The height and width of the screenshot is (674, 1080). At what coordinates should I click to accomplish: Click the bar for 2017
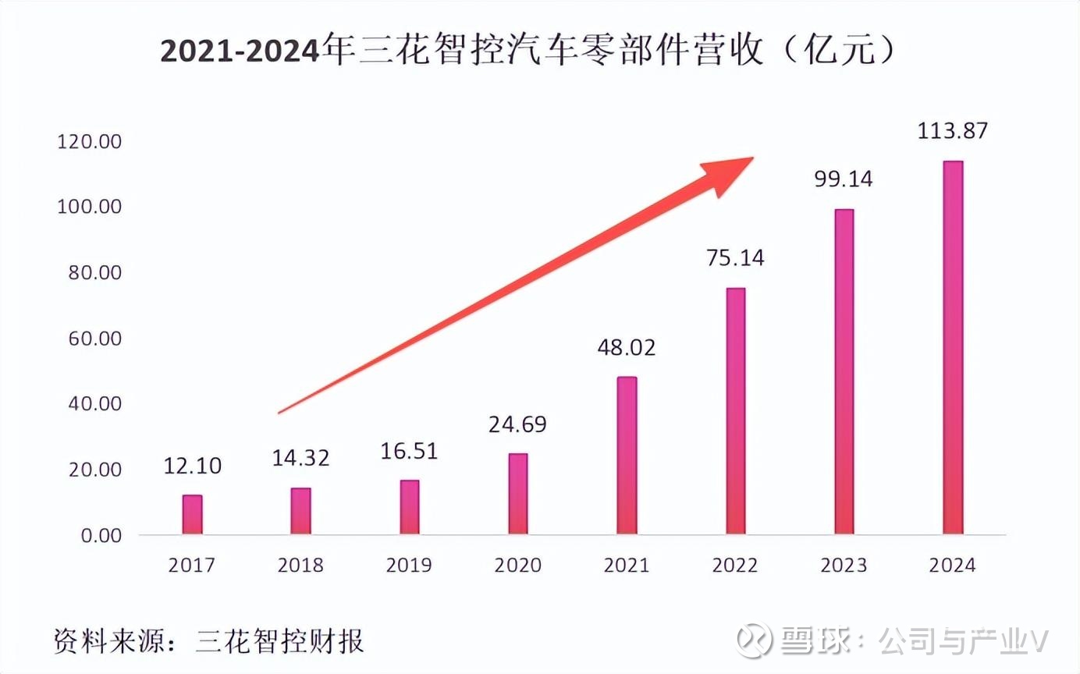tap(192, 515)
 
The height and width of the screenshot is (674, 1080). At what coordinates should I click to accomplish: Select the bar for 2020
tap(517, 494)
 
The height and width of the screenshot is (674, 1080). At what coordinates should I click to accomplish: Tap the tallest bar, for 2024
tap(953, 348)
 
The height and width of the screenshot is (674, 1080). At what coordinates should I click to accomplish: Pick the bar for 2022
tap(735, 411)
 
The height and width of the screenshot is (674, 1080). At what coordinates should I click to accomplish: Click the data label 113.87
tap(953, 129)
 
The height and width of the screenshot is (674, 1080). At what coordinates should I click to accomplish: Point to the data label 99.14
tap(844, 179)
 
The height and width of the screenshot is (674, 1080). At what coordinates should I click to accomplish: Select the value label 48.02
tap(627, 346)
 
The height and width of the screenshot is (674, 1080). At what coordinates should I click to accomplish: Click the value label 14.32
tap(300, 458)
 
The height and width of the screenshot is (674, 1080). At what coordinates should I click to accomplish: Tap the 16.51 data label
tap(409, 450)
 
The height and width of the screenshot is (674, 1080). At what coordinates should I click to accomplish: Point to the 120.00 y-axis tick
tap(89, 142)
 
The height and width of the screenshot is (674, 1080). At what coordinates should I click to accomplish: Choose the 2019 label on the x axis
tap(409, 565)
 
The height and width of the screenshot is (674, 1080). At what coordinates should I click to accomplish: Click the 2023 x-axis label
tap(844, 565)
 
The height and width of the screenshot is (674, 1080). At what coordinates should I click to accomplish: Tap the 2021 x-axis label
tap(627, 565)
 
